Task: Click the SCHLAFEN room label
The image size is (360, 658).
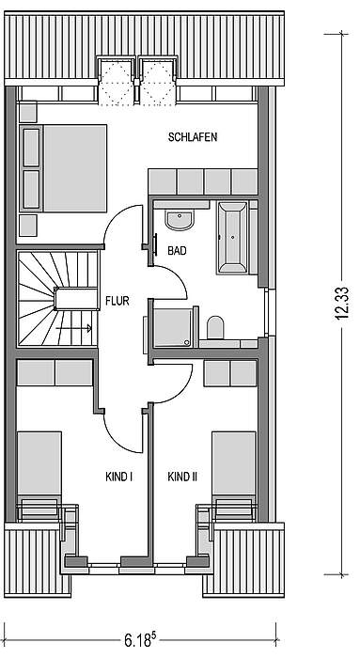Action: [x=193, y=137]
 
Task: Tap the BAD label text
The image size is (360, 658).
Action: [x=177, y=251]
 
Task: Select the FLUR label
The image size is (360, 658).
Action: [x=117, y=301]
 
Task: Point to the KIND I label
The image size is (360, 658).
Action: [x=119, y=477]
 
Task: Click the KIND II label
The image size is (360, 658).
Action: [x=182, y=477]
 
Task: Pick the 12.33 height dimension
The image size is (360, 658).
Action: [x=342, y=303]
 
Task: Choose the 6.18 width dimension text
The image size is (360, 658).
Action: [x=140, y=640]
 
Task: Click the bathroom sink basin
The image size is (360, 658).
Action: [x=180, y=220]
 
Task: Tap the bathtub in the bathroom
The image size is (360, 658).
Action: [x=232, y=237]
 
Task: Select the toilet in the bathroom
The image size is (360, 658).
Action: [x=215, y=327]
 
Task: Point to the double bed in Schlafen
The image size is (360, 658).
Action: [x=63, y=168]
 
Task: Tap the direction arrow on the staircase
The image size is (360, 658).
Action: [x=73, y=328]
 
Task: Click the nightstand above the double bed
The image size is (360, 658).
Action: [x=27, y=112]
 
